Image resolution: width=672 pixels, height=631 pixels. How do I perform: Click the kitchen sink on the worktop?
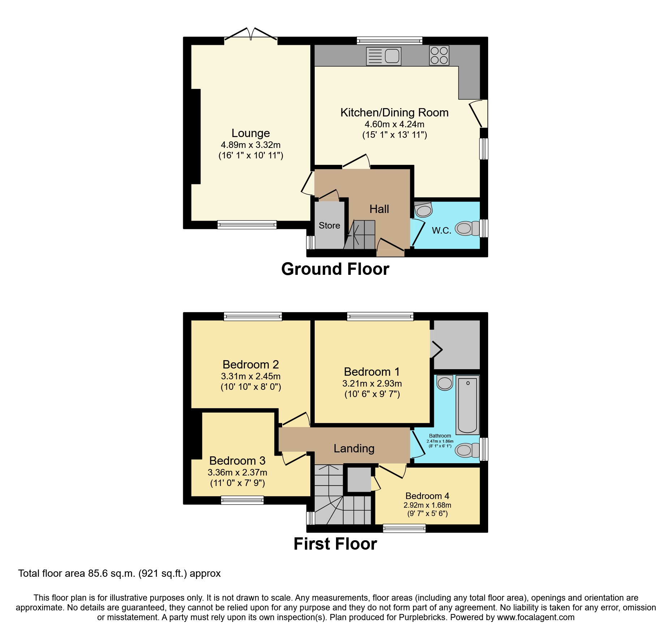click(x=384, y=56)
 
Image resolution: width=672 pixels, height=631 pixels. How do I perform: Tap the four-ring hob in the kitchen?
click(x=439, y=55)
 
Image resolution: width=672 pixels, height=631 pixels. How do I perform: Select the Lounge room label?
click(x=250, y=133)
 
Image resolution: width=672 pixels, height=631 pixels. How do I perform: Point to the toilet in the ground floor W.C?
click(x=467, y=228)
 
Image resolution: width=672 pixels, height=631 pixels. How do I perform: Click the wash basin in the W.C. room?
click(x=423, y=209)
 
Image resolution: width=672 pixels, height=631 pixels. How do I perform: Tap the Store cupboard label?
click(x=329, y=225)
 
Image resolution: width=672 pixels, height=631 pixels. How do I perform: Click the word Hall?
click(x=379, y=209)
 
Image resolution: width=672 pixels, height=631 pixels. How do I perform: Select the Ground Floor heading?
click(x=335, y=269)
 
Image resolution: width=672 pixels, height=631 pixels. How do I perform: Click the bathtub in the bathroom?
click(x=468, y=405)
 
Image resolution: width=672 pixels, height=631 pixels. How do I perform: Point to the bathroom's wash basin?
click(x=445, y=383)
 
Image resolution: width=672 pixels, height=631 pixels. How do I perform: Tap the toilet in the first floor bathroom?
click(x=467, y=450)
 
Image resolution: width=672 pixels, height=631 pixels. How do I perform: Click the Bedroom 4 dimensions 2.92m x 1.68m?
click(x=427, y=505)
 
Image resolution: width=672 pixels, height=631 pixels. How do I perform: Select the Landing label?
click(x=354, y=448)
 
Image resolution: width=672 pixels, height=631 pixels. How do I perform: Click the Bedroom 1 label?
click(x=372, y=372)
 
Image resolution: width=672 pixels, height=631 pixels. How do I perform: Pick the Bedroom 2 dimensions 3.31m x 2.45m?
click(x=250, y=376)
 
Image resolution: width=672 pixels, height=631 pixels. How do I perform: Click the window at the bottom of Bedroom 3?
click(x=242, y=500)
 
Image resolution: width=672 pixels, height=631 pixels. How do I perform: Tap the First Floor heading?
click(x=335, y=544)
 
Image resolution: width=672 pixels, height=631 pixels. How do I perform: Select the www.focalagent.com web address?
click(x=535, y=617)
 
